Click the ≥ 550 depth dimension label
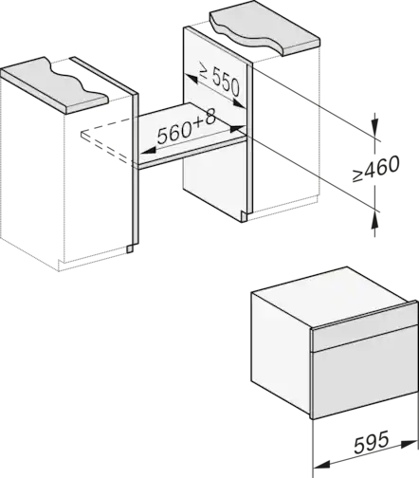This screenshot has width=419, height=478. [219, 82]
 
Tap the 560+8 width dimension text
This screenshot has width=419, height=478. [187, 127]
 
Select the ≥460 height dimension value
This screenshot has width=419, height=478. [376, 168]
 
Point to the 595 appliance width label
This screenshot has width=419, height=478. [371, 442]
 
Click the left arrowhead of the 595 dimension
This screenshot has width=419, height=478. [320, 464]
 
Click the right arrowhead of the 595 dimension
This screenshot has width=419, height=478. [409, 444]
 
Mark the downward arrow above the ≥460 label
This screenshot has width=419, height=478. [375, 124]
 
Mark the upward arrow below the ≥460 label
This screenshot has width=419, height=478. [375, 224]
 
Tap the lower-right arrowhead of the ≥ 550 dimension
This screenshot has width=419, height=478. [239, 103]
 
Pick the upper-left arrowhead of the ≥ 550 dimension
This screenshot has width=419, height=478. [191, 78]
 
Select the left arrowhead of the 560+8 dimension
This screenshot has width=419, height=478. [147, 151]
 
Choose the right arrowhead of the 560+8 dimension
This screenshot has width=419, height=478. [238, 128]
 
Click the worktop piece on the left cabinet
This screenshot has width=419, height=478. [54, 85]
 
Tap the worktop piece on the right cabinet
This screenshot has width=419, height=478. [264, 28]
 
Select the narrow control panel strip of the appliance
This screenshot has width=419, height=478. [364, 331]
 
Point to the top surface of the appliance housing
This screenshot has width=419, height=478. [331, 296]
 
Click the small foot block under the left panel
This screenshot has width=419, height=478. [130, 249]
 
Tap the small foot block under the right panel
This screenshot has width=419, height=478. [244, 216]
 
